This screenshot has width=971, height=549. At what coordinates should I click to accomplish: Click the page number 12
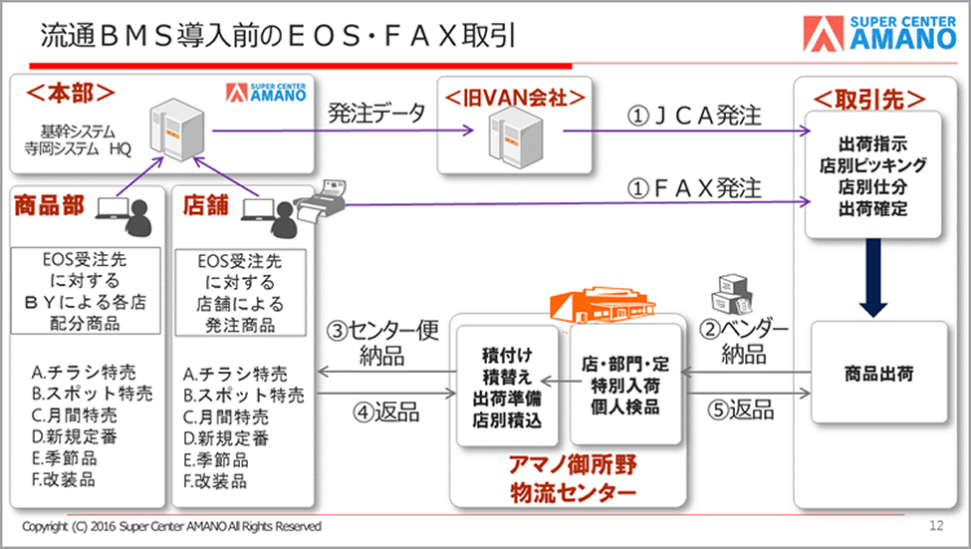tap(936, 525)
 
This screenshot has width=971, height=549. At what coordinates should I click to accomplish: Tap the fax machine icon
tap(320, 199)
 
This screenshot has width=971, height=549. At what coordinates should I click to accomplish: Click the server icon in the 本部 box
tap(177, 132)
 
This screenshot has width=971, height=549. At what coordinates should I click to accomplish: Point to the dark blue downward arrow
tap(873, 278)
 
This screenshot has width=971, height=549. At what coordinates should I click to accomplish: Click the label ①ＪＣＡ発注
tap(693, 116)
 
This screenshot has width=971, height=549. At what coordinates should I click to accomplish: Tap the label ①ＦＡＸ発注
tap(693, 187)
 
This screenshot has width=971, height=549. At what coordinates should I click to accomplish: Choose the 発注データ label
tap(375, 113)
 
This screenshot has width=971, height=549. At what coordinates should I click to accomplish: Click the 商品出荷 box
tap(878, 373)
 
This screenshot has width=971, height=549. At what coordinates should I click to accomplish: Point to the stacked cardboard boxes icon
tap(731, 294)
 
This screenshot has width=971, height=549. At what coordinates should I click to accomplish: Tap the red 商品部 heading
tap(49, 205)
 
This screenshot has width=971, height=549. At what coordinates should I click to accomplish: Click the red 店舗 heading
tap(205, 205)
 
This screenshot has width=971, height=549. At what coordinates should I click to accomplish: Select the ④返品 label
tap(385, 412)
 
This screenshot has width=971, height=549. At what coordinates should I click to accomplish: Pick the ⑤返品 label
tap(741, 410)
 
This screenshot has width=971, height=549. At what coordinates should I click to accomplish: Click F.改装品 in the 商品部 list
tap(63, 479)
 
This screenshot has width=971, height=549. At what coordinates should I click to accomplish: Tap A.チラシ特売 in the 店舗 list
tap(235, 375)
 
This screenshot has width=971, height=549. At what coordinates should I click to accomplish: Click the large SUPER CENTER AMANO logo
tap(880, 33)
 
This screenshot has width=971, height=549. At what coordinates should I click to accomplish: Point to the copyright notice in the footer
tap(171, 527)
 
